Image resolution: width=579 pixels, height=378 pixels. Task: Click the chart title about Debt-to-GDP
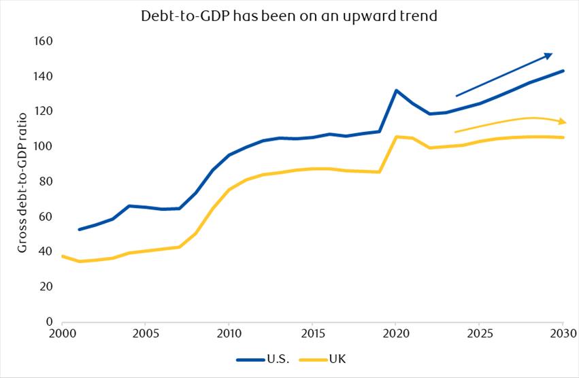click(289, 15)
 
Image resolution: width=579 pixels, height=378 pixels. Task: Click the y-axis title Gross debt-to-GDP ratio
click(22, 180)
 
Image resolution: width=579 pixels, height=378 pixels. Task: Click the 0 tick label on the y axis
click(49, 322)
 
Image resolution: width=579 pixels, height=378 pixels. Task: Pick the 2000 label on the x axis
click(61, 335)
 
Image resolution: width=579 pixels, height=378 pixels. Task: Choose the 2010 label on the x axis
click(229, 335)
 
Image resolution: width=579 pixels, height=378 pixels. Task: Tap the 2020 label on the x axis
click(396, 335)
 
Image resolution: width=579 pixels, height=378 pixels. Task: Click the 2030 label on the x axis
click(563, 335)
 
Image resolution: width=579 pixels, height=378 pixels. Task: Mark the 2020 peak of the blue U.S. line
click(396, 90)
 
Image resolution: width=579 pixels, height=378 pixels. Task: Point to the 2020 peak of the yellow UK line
click(396, 137)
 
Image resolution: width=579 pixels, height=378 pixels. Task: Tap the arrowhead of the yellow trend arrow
click(563, 122)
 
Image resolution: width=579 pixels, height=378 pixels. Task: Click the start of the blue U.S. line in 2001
click(79, 229)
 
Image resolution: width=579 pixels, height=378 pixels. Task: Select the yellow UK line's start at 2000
click(62, 256)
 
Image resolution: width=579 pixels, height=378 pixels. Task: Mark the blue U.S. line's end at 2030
click(563, 71)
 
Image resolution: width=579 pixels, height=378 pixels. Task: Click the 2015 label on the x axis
click(312, 335)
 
